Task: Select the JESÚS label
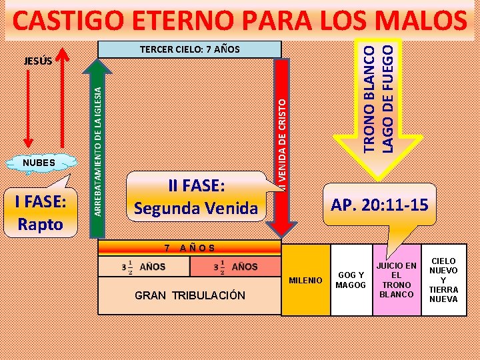(x=39, y=61)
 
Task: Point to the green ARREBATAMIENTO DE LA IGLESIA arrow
(x=97, y=140)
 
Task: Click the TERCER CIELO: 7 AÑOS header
(x=189, y=49)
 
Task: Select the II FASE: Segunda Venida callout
(x=195, y=197)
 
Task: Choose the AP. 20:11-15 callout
(x=380, y=205)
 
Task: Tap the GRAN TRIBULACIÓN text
(x=190, y=295)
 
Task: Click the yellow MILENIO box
(x=305, y=280)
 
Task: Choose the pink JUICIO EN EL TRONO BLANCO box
(x=395, y=279)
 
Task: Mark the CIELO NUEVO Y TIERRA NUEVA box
(x=443, y=280)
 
